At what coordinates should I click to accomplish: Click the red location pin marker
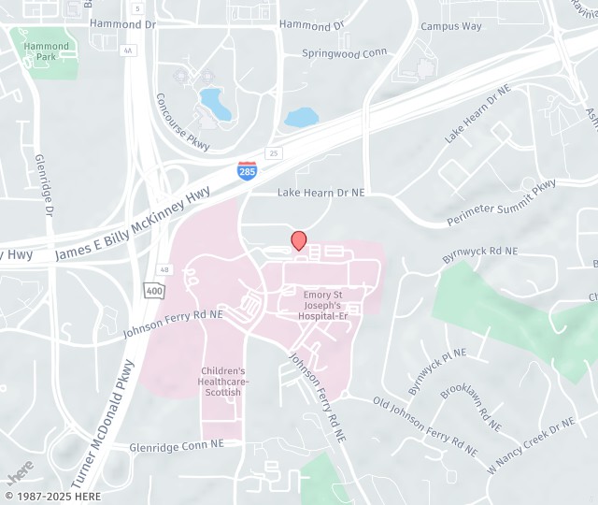[x=299, y=240]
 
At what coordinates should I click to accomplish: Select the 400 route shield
[x=153, y=290]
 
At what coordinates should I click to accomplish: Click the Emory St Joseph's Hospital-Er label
[x=323, y=306]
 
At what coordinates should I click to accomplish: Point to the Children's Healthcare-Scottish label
[x=223, y=381]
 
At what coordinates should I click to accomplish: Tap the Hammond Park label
[x=47, y=51]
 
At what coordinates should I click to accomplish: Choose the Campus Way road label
[x=451, y=26]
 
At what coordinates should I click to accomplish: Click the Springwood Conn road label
[x=345, y=53]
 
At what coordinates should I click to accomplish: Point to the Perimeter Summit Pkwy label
[x=501, y=203]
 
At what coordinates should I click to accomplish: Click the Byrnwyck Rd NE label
[x=479, y=252]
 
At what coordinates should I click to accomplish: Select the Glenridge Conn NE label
[x=178, y=445]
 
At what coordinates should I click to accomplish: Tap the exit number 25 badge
[x=273, y=152]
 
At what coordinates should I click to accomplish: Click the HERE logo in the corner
[x=20, y=472]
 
